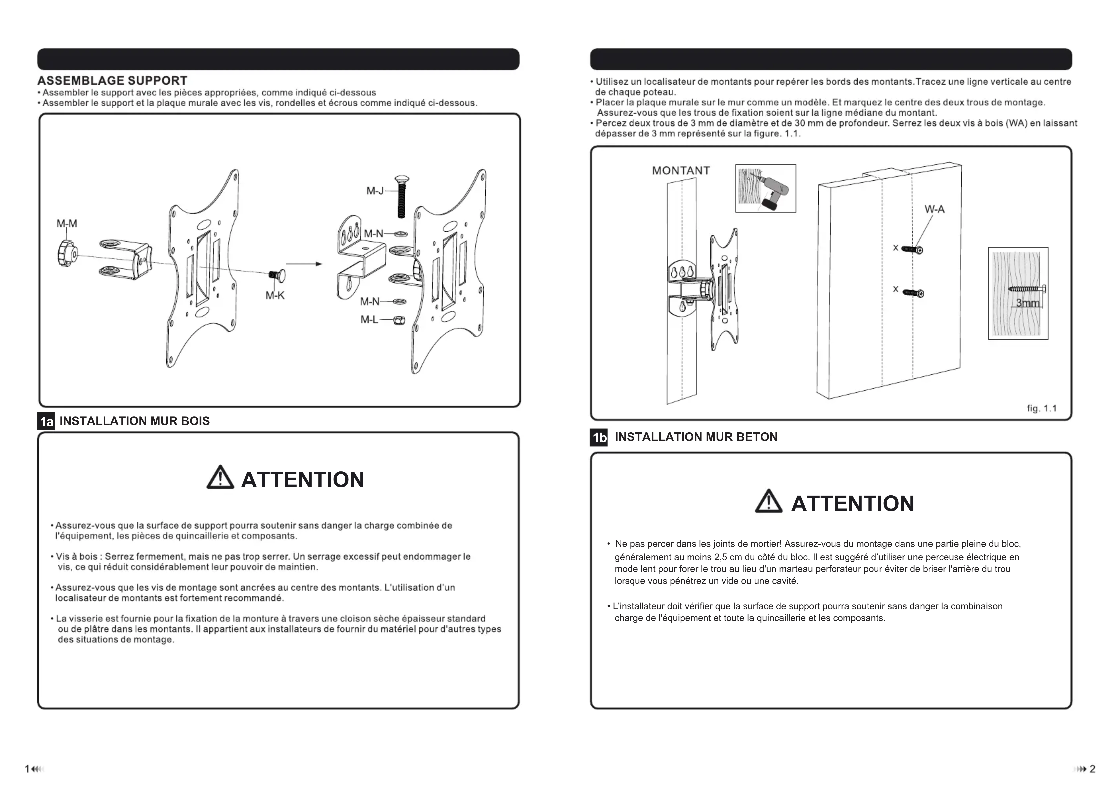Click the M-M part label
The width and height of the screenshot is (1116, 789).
coord(67,224)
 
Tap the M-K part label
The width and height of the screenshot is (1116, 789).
coord(275,295)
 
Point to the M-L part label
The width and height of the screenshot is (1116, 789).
coord(369,319)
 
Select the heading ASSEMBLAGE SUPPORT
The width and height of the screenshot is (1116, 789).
coord(112,81)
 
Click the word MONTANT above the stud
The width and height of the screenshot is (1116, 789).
coord(681,171)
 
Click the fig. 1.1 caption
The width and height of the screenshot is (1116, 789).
coord(1042,408)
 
